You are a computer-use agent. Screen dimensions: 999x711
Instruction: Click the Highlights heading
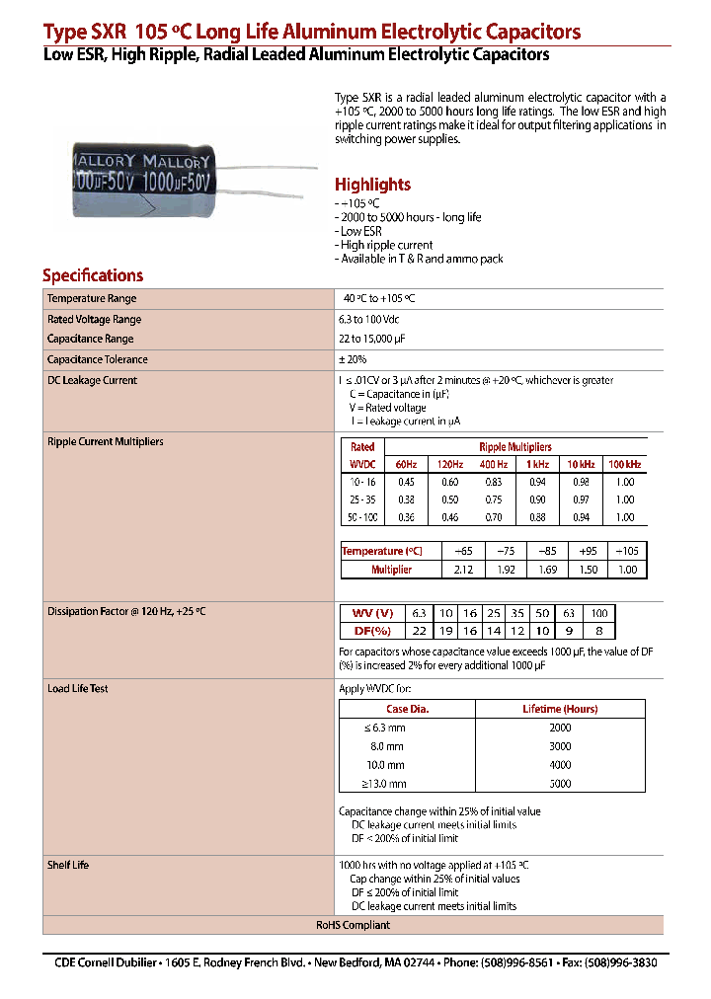[x=372, y=185]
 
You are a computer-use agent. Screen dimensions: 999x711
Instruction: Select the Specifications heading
[x=93, y=275]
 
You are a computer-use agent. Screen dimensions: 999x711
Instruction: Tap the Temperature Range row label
[x=92, y=298]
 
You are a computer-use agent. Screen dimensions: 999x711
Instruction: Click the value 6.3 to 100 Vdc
[x=368, y=319]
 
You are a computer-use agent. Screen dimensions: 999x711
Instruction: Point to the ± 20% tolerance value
[x=352, y=359]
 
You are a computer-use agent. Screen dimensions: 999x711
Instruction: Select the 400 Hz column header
[x=494, y=464]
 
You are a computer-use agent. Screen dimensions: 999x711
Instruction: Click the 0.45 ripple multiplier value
[x=406, y=482]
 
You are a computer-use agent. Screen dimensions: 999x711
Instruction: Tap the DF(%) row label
[x=372, y=631]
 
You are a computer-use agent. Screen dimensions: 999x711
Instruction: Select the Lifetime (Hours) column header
[x=560, y=709]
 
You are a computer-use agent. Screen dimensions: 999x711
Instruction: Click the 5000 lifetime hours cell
[x=560, y=784]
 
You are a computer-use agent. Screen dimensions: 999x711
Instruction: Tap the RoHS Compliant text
[x=353, y=925]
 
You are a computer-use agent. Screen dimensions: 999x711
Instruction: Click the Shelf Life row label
[x=68, y=865]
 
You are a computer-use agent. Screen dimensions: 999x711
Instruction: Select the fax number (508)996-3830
[x=620, y=962]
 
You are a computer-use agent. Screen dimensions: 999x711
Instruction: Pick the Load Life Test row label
[x=78, y=688]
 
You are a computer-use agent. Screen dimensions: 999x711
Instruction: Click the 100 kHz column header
[x=624, y=464]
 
